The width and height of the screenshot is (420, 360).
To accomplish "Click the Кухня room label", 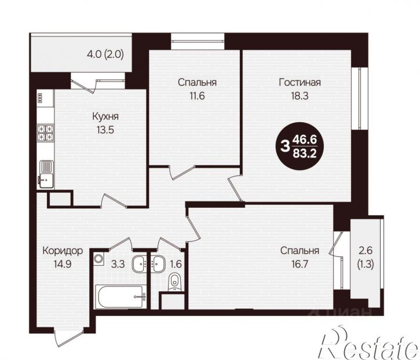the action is click(105, 117).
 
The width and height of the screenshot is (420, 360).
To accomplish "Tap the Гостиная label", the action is click(300, 82).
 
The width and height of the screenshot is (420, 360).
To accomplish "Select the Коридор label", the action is click(63, 251).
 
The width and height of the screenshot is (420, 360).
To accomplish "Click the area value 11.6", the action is click(197, 95).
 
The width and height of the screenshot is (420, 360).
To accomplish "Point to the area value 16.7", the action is click(300, 264).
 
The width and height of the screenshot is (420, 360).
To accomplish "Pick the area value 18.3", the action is click(300, 95).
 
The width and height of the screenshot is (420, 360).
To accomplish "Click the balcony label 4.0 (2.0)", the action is click(105, 54).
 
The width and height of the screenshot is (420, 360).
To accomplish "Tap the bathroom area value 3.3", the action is click(118, 264).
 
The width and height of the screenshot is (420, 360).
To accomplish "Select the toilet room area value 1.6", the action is click(176, 264).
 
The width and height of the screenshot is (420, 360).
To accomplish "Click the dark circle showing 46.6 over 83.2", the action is click(300, 146).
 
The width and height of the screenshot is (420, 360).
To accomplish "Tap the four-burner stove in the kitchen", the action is click(45, 133).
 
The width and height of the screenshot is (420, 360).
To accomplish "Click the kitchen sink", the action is click(46, 174).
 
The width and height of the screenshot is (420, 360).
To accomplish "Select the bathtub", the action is click(121, 297).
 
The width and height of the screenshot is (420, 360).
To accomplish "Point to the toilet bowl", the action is click(175, 282).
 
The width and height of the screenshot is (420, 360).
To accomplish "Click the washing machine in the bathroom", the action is click(98, 259).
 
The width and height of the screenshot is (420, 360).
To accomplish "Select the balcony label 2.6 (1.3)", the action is click(366, 258).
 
